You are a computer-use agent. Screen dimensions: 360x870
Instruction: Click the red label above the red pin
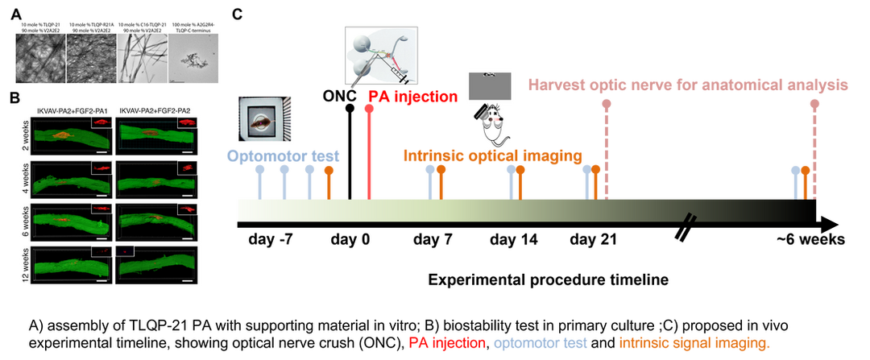tap(412, 97)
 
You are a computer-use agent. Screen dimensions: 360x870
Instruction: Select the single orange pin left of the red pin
tap(329, 181)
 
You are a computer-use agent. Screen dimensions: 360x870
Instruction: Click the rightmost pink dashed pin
tap(814, 145)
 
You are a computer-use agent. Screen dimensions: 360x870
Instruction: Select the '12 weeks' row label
tap(27, 263)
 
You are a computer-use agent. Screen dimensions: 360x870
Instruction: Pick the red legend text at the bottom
tap(445, 342)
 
